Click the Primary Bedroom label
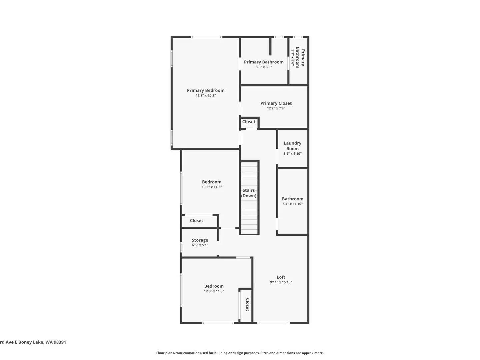pos(206,90)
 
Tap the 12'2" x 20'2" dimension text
pos(206,95)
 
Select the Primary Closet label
pos(276,103)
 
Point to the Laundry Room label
pos(292,146)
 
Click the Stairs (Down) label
pos(249,193)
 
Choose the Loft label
pos(281,277)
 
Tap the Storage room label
pos(200,240)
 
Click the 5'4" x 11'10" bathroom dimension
pos(293,204)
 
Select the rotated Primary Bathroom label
pos(300,58)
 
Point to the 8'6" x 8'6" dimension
pos(264,67)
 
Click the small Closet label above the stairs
pos(249,122)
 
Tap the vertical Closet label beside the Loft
pos(247,304)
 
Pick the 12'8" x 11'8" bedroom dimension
pos(214,291)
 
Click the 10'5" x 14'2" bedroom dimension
pos(212,187)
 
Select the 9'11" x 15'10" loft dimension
pos(281,282)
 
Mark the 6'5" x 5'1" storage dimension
pos(200,245)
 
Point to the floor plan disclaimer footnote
pos(240,353)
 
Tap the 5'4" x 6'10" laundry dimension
pos(292,154)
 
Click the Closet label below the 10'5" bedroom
pos(197,221)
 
